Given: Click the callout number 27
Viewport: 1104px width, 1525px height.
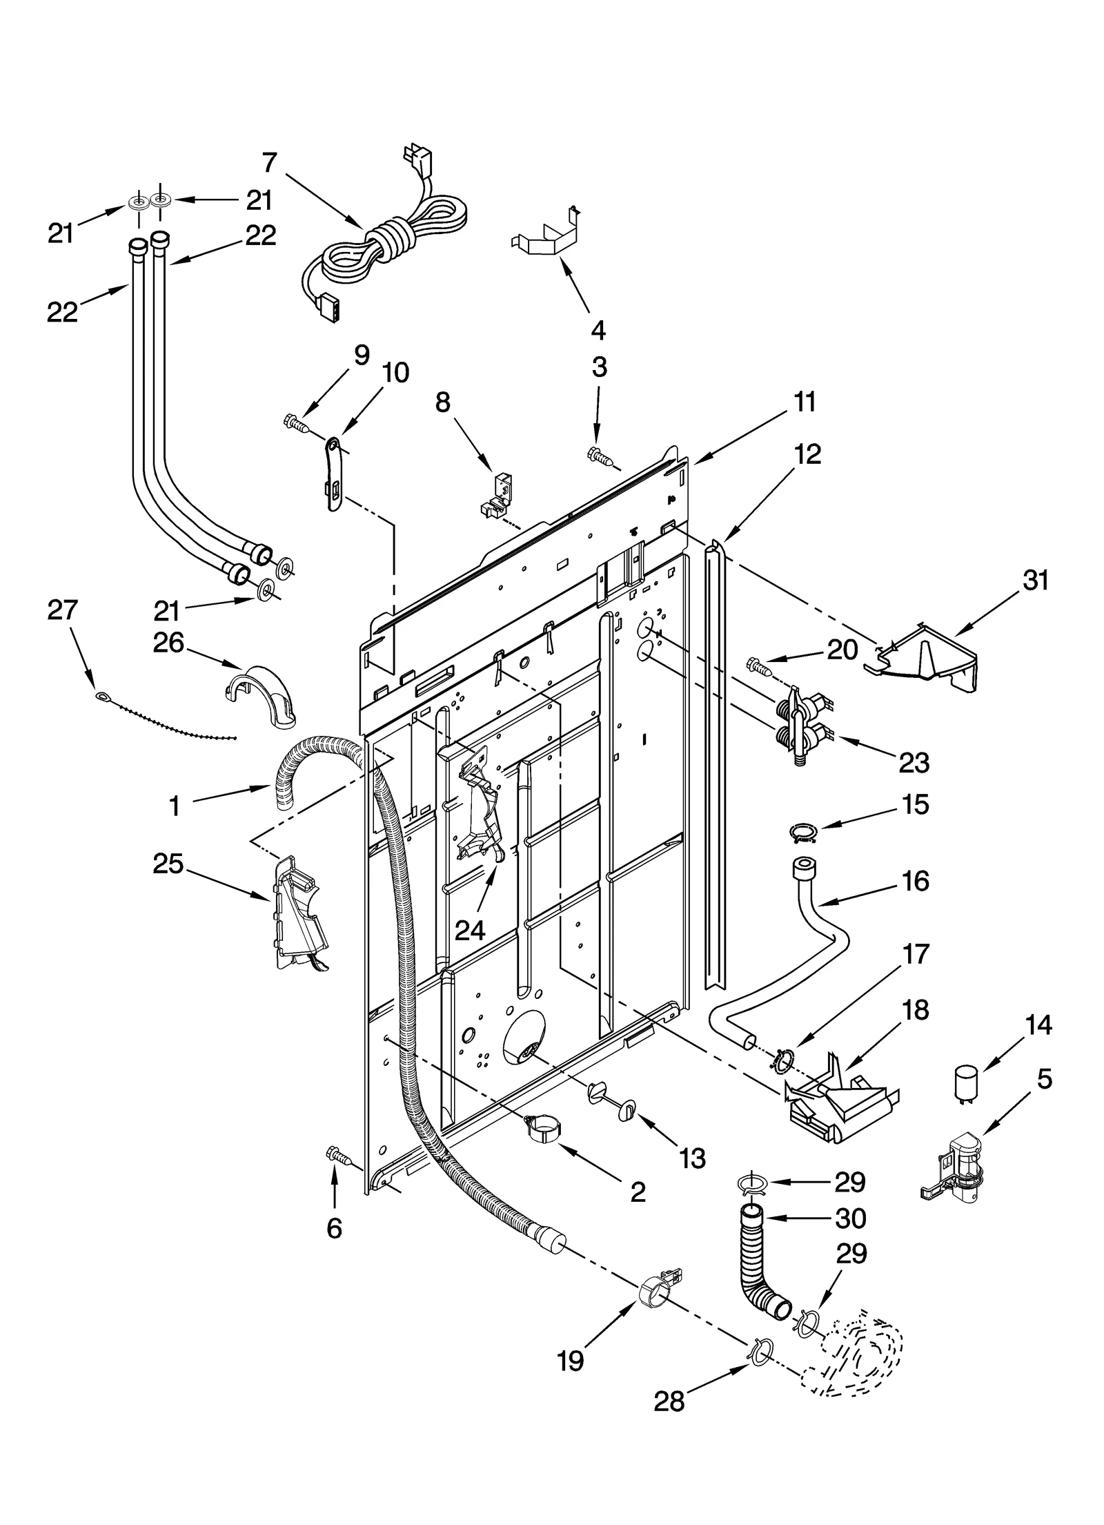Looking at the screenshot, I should (63, 610).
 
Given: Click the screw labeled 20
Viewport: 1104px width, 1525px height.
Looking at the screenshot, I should (758, 667).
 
